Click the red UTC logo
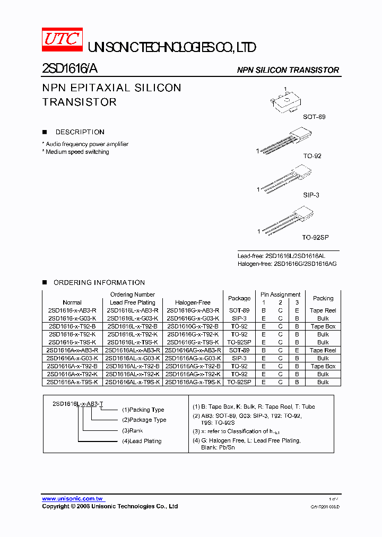62,39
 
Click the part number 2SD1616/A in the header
69,68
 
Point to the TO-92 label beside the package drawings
312,156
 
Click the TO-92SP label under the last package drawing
315,238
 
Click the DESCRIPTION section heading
80,132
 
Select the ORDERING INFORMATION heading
99,283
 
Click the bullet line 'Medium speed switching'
76,152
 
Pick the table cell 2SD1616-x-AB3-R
72,310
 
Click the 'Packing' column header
323,298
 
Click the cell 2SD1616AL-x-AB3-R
132,350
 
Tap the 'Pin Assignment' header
280,295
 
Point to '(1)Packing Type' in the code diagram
143,410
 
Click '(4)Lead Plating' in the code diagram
142,441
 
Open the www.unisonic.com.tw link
73,499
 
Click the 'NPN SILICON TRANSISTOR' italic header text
288,70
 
